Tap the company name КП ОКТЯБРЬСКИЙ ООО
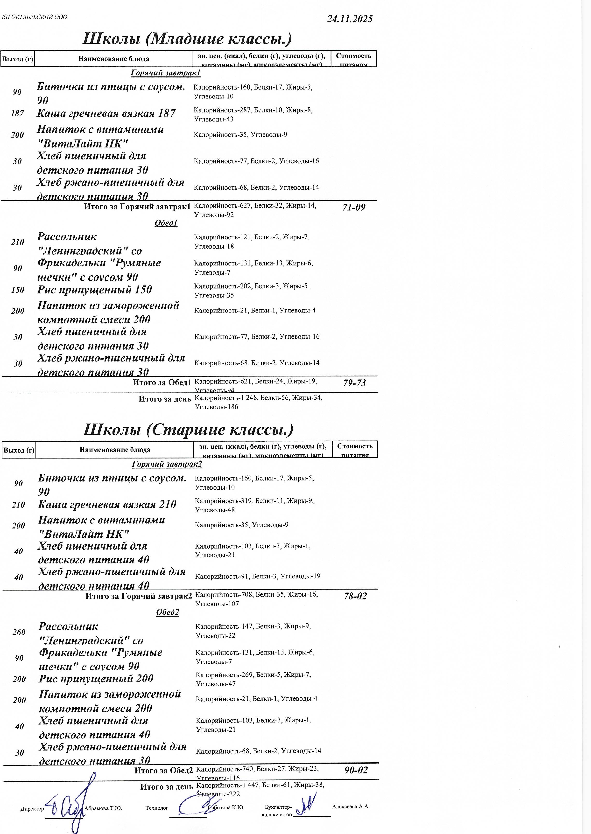tap(35, 17)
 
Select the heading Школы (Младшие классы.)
tap(187, 39)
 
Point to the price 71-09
tap(354, 207)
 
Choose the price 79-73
tap(354, 383)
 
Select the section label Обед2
tap(167, 612)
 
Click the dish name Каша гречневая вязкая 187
tap(106, 113)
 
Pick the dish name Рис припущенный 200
tap(96, 678)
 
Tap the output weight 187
tap(17, 113)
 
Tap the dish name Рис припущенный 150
tap(94, 290)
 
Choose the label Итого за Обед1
tap(162, 382)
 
